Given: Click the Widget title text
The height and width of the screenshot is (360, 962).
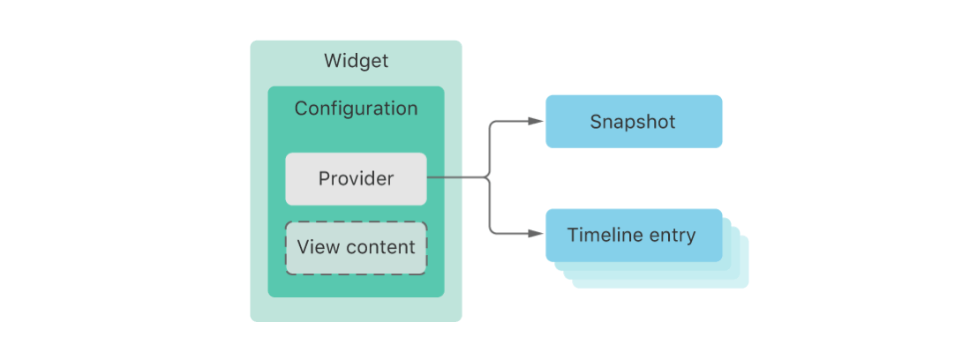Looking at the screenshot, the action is click(x=356, y=61).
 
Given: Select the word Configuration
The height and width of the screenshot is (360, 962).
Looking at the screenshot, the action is click(x=356, y=109).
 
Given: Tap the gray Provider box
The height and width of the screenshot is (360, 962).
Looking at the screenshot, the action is click(x=356, y=178).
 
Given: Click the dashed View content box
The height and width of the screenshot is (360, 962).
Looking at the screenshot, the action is click(x=356, y=248).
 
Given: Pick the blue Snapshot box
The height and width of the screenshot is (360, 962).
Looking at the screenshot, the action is click(x=634, y=122).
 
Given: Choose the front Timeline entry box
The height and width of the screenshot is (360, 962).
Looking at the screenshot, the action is click(x=634, y=236).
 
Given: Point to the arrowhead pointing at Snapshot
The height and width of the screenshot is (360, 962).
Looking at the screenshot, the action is click(x=536, y=122).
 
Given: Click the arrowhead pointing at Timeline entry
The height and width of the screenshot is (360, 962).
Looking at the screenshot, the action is click(x=536, y=233).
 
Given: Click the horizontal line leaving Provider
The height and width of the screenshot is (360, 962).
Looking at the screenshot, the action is click(x=457, y=178).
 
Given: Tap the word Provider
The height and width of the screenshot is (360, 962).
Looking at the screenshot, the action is click(x=356, y=178).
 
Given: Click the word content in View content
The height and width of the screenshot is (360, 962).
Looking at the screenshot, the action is click(x=380, y=248).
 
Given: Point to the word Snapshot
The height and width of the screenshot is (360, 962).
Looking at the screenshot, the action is click(x=633, y=122).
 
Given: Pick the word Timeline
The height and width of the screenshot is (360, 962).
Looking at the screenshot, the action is click(x=605, y=235).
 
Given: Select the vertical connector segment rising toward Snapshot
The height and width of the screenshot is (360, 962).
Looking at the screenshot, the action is click(x=490, y=150).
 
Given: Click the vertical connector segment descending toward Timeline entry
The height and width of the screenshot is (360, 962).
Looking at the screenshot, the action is click(x=490, y=206).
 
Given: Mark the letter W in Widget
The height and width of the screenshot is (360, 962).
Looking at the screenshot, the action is click(x=333, y=61).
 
